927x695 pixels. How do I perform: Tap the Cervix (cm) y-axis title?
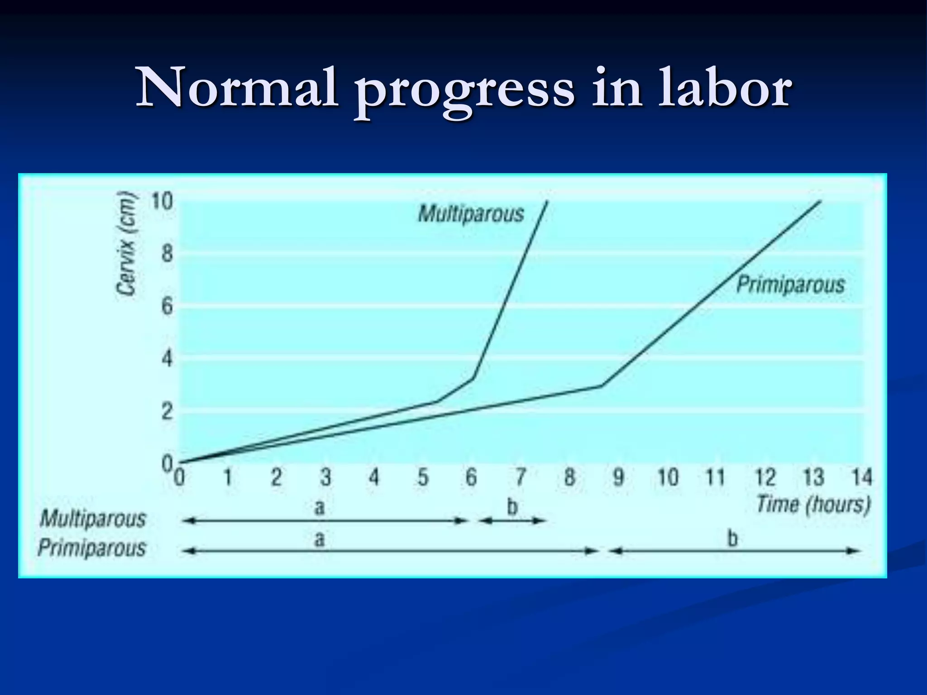pos(126,244)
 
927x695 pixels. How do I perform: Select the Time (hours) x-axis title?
pos(813,505)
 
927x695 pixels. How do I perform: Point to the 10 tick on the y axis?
pos(162,201)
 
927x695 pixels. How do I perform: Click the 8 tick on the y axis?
pos(167,254)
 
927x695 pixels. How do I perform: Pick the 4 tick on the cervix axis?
pos(167,359)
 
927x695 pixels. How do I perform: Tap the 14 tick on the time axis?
pos(862,477)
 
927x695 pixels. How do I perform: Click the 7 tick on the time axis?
pos(521,477)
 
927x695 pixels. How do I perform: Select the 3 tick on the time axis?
pos(325,477)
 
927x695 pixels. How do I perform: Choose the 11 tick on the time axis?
pos(716,477)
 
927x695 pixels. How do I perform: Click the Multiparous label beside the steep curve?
pos(471,214)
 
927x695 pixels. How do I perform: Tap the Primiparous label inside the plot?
pos(790,285)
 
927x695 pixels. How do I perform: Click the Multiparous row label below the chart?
pos(93,519)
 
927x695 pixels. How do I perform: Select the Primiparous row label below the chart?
pos(92,548)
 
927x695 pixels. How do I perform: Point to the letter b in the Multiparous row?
pos(512,507)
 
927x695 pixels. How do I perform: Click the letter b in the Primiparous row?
pos(732,538)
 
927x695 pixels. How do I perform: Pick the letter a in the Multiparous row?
pos(320,507)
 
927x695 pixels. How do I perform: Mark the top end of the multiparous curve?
pos(547,201)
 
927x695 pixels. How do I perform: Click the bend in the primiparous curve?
pos(602,386)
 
